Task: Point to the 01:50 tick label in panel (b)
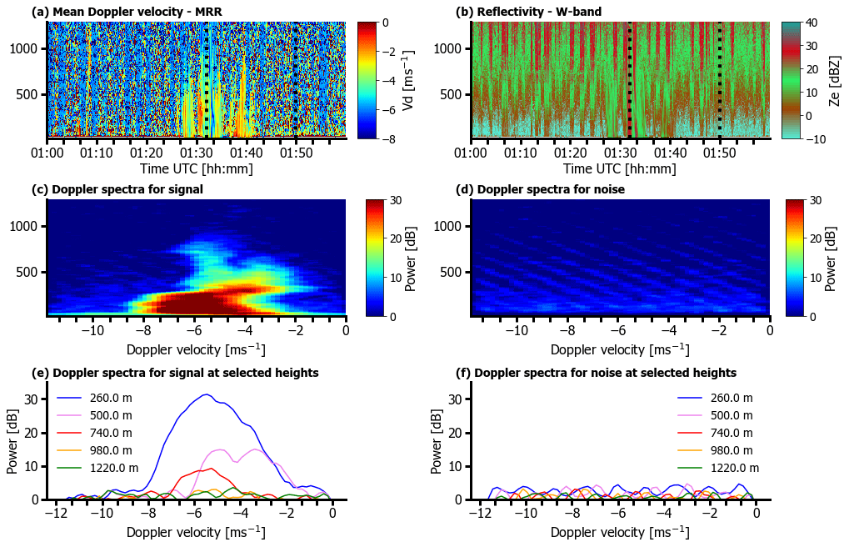pyautogui.click(x=720, y=153)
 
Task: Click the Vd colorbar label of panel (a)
pyautogui.click(x=408, y=80)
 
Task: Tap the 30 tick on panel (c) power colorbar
pyautogui.click(x=398, y=200)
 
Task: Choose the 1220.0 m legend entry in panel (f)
pyautogui.click(x=731, y=468)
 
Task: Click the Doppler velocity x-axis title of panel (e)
pyautogui.click(x=196, y=531)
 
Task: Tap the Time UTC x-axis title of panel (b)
pyautogui.click(x=619, y=168)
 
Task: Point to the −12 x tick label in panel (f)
pyautogui.click(x=479, y=514)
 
